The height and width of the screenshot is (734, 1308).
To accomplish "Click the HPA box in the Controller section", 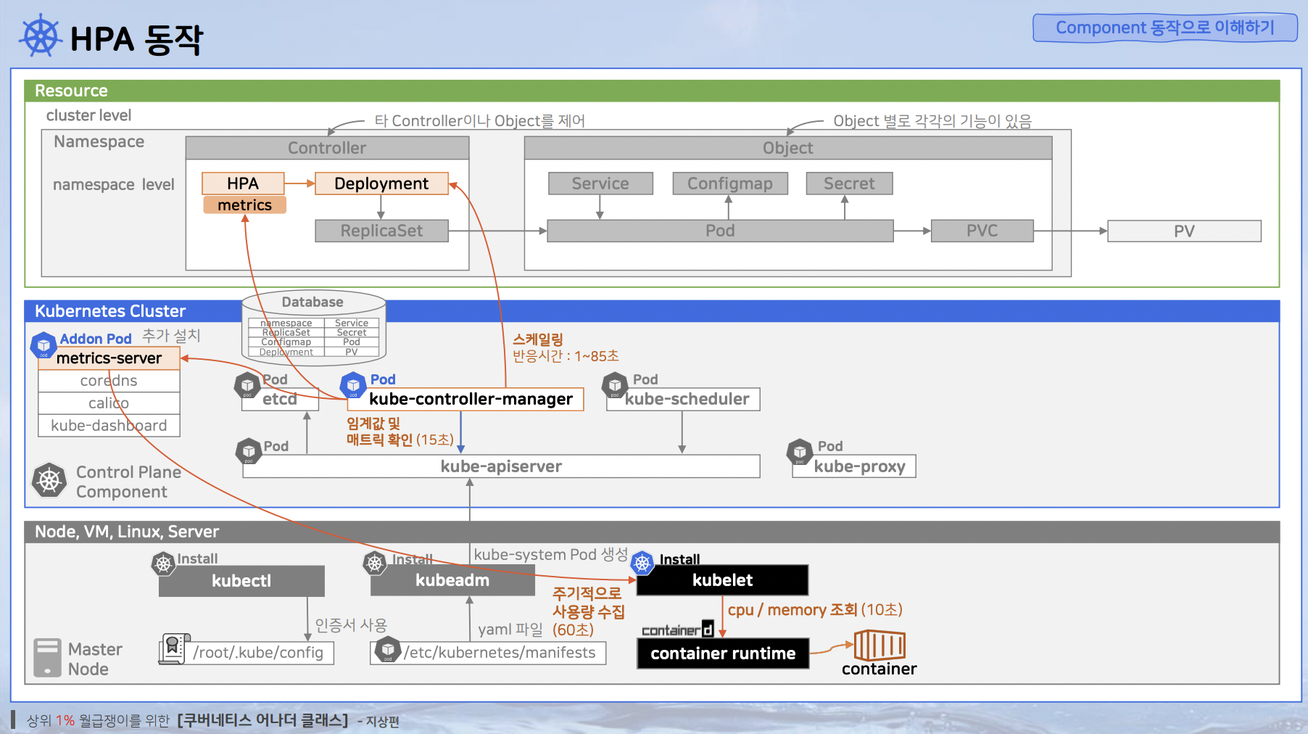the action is pyautogui.click(x=242, y=183).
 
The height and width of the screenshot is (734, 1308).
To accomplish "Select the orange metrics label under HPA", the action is pyautogui.click(x=244, y=205).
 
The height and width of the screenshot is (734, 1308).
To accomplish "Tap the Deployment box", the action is pyautogui.click(x=381, y=183).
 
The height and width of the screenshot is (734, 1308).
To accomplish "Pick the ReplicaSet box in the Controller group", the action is pyautogui.click(x=381, y=231).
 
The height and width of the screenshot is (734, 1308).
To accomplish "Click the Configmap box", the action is pyautogui.click(x=729, y=183).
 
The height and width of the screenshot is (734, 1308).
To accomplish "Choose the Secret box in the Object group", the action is pyautogui.click(x=849, y=183).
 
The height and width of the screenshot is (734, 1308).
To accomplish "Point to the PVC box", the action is pyautogui.click(x=982, y=231).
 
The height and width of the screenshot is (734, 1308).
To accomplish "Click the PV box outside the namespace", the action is pyautogui.click(x=1184, y=231).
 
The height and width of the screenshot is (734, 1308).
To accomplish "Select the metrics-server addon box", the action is pyautogui.click(x=109, y=358).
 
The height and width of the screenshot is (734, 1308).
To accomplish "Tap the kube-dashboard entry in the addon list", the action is pyautogui.click(x=109, y=426).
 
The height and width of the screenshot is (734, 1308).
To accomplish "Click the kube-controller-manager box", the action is pyautogui.click(x=471, y=399).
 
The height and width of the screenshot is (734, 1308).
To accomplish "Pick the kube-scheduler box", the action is pyautogui.click(x=687, y=399).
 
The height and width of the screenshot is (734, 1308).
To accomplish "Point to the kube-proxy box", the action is pyautogui.click(x=859, y=466).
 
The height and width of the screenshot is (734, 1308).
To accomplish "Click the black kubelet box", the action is pyautogui.click(x=722, y=580).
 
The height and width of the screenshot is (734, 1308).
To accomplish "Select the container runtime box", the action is pyautogui.click(x=723, y=653).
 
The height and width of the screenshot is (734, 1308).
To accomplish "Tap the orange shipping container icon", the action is pyautogui.click(x=879, y=645).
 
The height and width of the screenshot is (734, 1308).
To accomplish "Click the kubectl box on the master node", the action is pyautogui.click(x=241, y=581).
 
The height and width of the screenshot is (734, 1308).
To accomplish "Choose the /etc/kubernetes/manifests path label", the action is pyautogui.click(x=500, y=653).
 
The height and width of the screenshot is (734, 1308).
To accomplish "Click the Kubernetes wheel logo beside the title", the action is pyautogui.click(x=41, y=36).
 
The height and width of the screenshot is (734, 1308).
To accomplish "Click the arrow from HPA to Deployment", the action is pyautogui.click(x=299, y=183).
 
